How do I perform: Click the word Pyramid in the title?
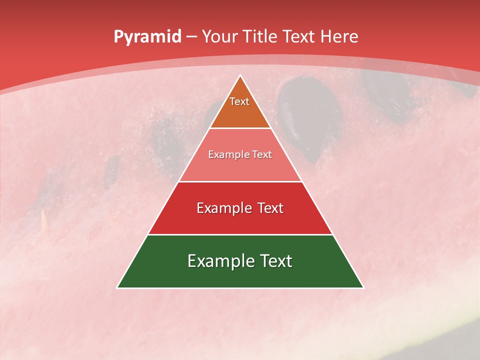[147, 37]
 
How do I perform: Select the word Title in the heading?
[260, 36]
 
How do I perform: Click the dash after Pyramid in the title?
[191, 37]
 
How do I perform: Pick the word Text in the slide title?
[299, 36]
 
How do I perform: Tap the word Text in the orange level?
[239, 101]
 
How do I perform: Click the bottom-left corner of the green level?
[118, 287]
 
